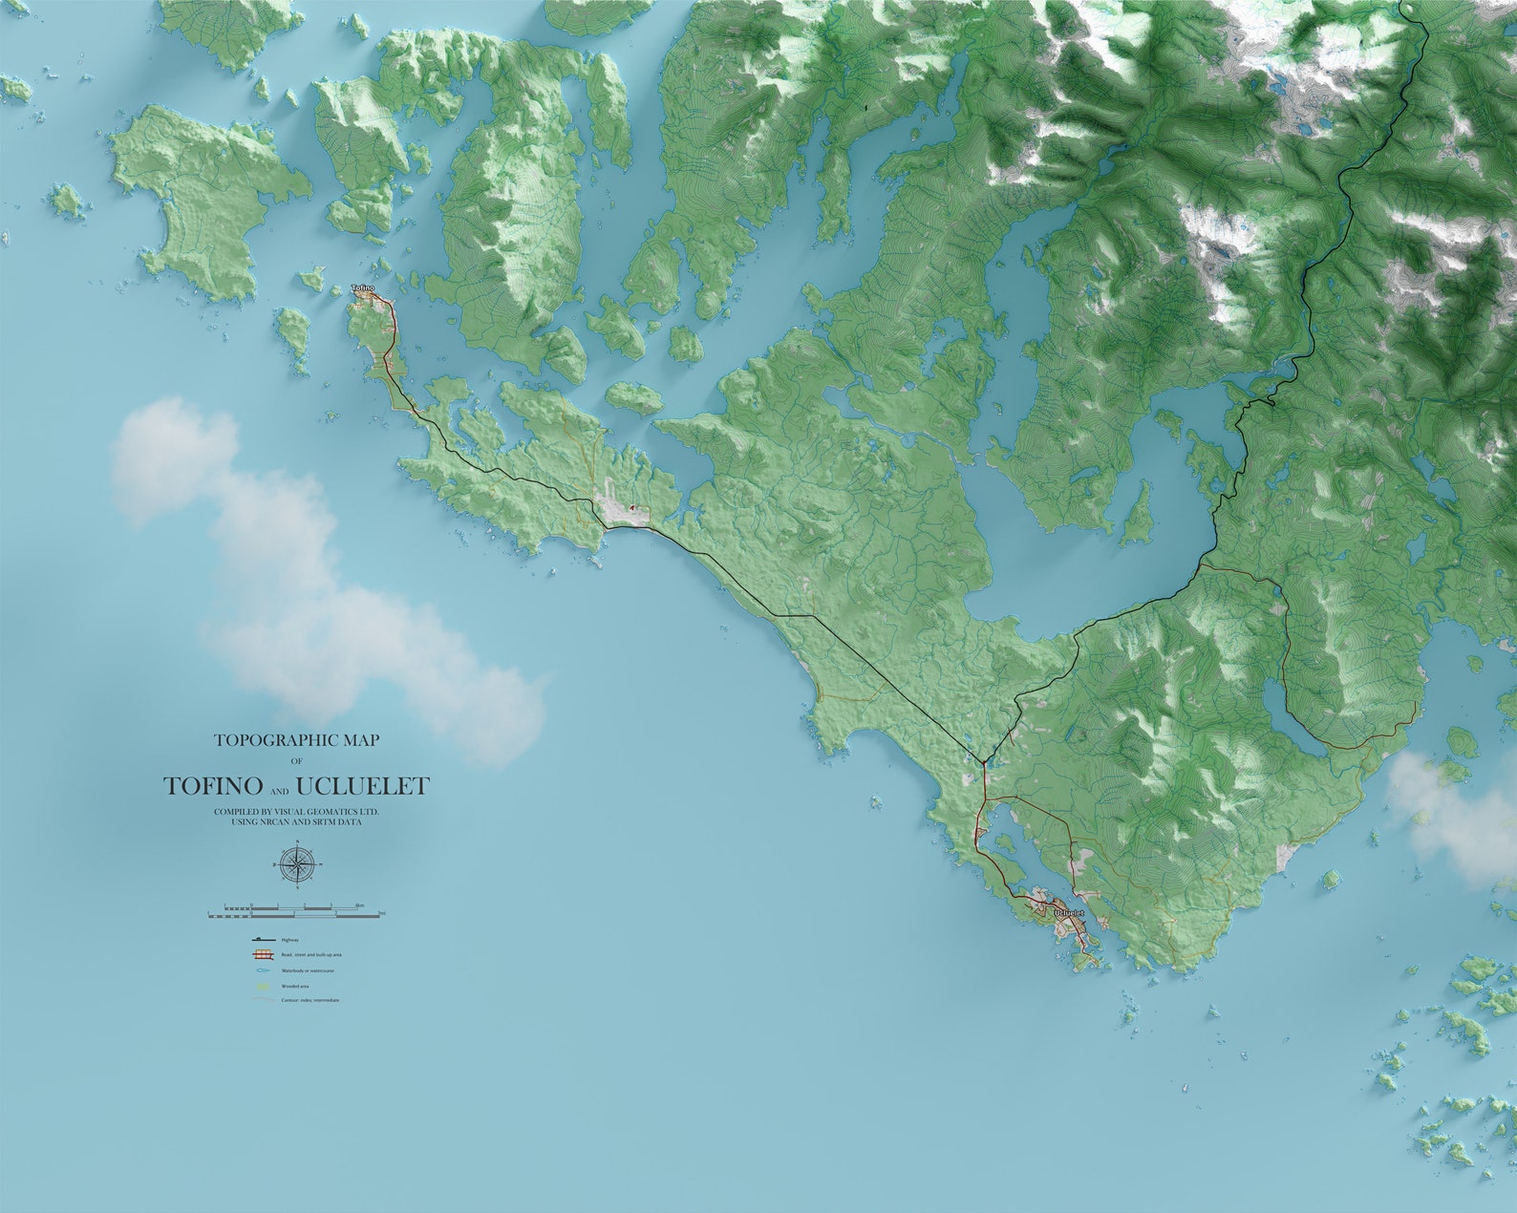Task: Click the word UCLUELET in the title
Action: [363, 786]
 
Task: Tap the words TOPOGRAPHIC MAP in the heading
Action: [296, 740]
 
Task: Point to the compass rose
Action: [298, 864]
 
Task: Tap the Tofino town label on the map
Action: [363, 287]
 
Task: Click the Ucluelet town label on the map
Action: [1070, 913]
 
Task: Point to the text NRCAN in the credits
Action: [273, 822]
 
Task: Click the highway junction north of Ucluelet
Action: [983, 762]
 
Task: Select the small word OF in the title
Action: [296, 761]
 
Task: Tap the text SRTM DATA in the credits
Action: [336, 822]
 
